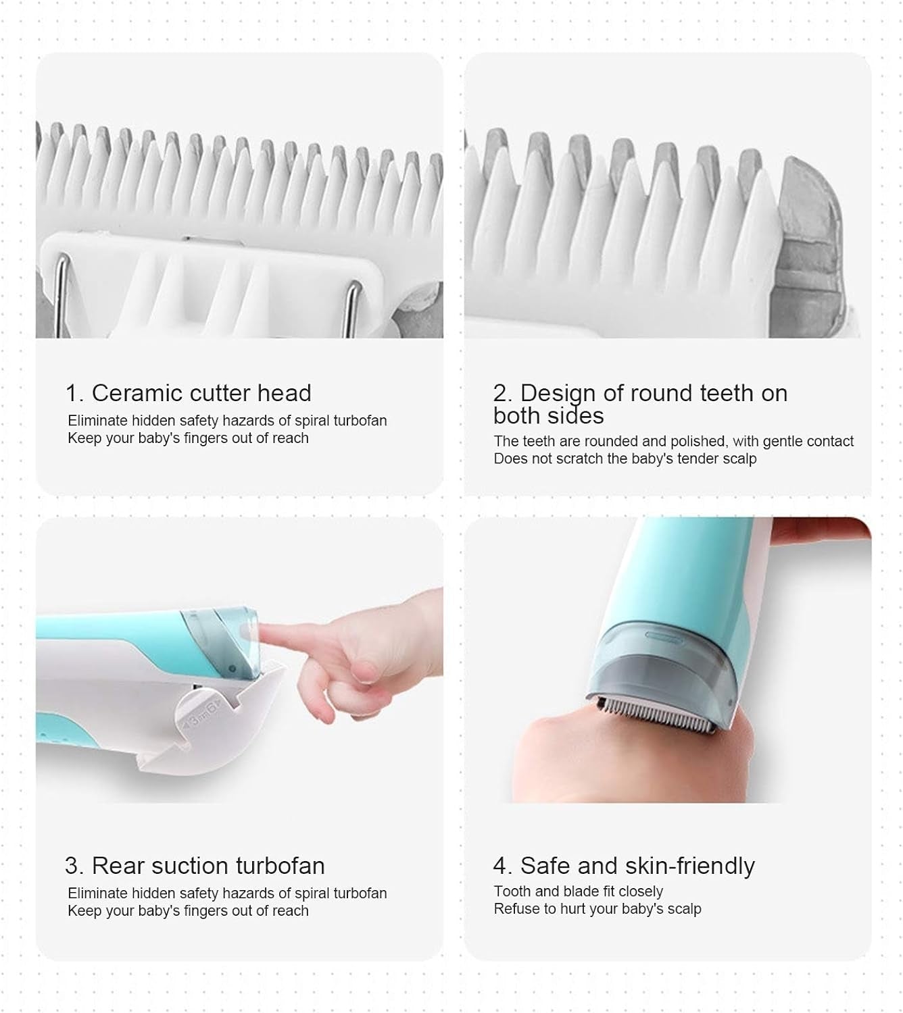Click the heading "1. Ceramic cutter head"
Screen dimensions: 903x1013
coord(189,393)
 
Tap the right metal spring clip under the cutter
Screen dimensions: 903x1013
coord(353,307)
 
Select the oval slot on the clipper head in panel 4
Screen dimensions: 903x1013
coord(664,636)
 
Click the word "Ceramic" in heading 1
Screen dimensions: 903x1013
coord(137,393)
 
